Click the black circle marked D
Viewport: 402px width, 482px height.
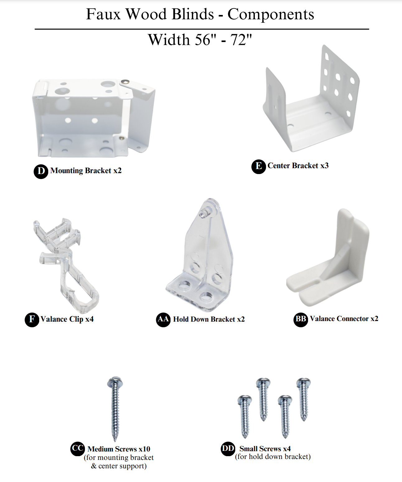point(41,172)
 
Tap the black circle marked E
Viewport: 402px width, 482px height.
point(259,167)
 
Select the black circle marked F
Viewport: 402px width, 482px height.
point(32,320)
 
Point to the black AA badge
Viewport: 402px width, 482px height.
point(163,319)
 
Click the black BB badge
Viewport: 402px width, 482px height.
point(301,319)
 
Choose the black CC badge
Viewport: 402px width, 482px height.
point(77,449)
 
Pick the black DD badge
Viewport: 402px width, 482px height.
point(228,449)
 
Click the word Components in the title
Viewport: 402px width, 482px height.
point(271,15)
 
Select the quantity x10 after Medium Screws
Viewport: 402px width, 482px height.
point(144,449)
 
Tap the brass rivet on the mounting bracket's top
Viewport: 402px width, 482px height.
point(125,82)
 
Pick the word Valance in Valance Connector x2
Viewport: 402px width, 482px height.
point(322,319)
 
